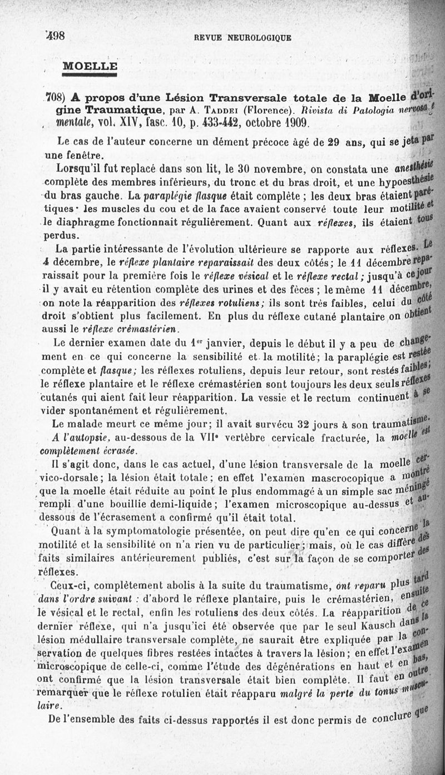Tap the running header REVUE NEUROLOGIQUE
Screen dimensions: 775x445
243,38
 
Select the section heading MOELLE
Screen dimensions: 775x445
90,66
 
